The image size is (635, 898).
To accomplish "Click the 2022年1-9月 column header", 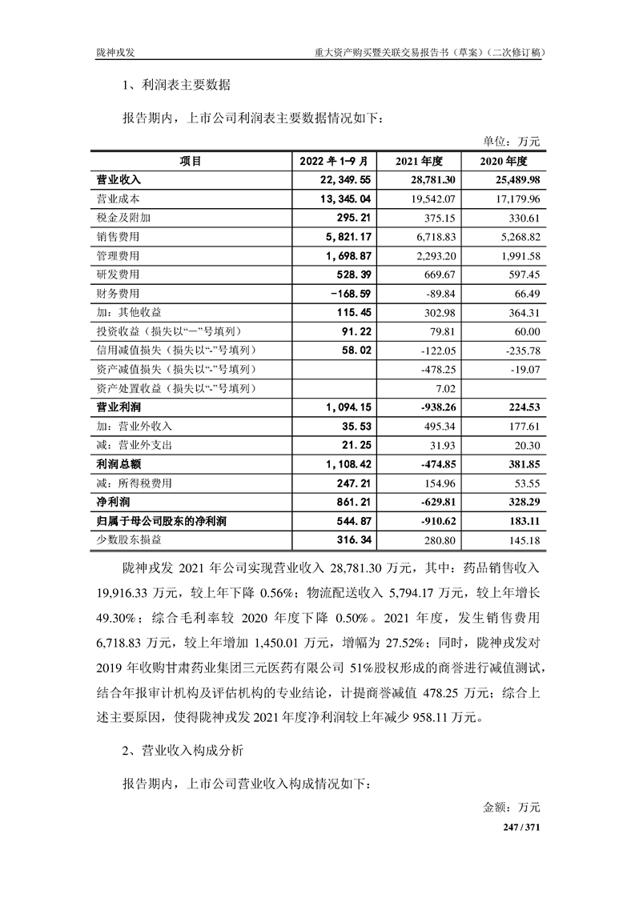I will (332, 162).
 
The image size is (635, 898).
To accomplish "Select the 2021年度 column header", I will (424, 162).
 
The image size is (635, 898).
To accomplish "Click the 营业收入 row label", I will (119, 180).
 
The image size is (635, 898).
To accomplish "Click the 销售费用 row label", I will (118, 237).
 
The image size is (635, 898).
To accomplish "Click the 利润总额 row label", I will (119, 464).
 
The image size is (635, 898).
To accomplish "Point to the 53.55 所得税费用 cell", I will (526, 483).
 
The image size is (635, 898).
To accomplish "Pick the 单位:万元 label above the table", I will (513, 142).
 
